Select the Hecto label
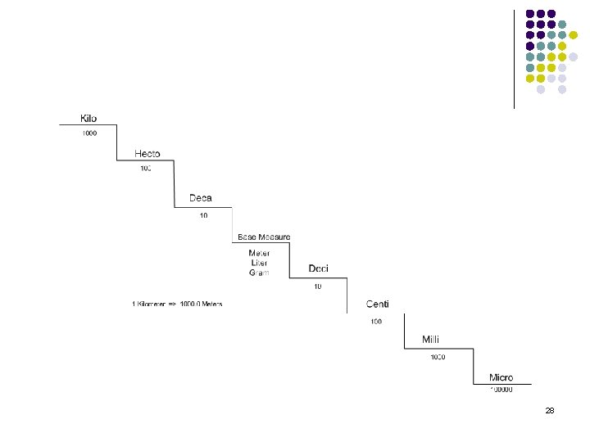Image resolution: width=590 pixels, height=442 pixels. pyautogui.click(x=147, y=154)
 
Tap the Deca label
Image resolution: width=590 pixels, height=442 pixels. pyautogui.click(x=201, y=198)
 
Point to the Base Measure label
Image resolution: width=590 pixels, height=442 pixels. pyautogui.click(x=264, y=237)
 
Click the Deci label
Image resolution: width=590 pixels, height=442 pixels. pyautogui.click(x=319, y=268)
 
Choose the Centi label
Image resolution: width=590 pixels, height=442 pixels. pyautogui.click(x=378, y=304)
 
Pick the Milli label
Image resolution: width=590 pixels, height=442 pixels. pyautogui.click(x=431, y=340)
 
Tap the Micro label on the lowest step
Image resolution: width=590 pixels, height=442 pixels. pyautogui.click(x=501, y=377)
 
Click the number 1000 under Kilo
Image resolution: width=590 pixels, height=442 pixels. pyautogui.click(x=88, y=133)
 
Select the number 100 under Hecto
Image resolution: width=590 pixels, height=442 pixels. pyautogui.click(x=145, y=169)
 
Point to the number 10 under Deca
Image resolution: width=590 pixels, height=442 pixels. pyautogui.click(x=203, y=215)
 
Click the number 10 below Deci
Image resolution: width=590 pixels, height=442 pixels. pyautogui.click(x=318, y=286)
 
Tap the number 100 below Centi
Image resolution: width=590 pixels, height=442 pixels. pyautogui.click(x=375, y=322)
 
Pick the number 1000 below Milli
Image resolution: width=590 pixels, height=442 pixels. pyautogui.click(x=438, y=357)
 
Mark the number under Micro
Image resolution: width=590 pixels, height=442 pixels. pyautogui.click(x=501, y=390)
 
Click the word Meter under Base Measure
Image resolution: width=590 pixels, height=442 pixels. pyautogui.click(x=259, y=253)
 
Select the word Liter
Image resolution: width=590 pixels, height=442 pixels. pyautogui.click(x=259, y=263)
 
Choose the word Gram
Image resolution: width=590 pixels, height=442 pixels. pyautogui.click(x=259, y=273)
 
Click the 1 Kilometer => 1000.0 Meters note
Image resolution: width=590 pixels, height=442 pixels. pyautogui.click(x=177, y=304)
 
